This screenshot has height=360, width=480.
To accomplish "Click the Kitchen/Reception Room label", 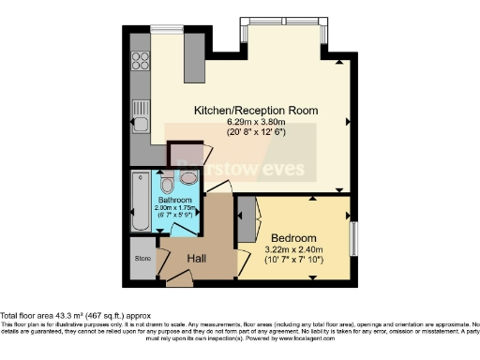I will pyautogui.click(x=255, y=111).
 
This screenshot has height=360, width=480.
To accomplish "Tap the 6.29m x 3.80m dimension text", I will pyautogui.click(x=255, y=122).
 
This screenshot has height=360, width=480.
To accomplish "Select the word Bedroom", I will pyautogui.click(x=294, y=237).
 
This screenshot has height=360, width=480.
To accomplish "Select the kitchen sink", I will pyautogui.click(x=141, y=120).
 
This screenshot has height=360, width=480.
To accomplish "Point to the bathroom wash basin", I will pyautogui.click(x=188, y=176).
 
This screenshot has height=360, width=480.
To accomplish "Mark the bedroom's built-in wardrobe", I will pyautogui.click(x=246, y=225).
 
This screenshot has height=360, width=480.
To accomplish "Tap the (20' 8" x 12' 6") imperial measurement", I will pyautogui.click(x=255, y=132).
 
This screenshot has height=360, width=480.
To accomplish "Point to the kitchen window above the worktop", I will pyautogui.click(x=167, y=30).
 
